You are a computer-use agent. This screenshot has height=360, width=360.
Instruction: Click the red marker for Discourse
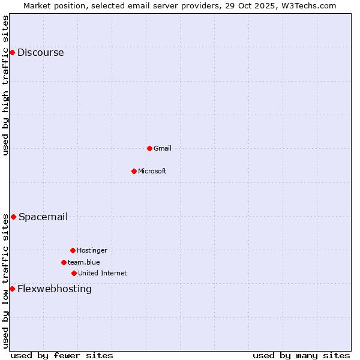click(12, 52)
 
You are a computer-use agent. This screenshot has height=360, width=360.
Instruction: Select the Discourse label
click(40, 52)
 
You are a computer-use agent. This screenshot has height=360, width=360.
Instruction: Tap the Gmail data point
click(149, 148)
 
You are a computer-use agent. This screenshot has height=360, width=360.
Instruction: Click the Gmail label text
click(162, 148)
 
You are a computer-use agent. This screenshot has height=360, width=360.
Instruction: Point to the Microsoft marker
click(134, 171)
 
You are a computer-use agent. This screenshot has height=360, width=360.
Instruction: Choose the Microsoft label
click(152, 171)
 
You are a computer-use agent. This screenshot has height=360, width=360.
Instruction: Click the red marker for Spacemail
click(13, 217)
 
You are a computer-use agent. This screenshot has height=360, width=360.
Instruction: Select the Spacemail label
click(43, 217)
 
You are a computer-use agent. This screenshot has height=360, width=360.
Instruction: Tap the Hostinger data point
click(73, 250)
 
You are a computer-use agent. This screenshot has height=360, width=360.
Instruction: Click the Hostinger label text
click(92, 250)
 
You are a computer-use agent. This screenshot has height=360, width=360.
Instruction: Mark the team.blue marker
click(64, 262)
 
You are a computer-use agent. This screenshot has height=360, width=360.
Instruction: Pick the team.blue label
click(83, 262)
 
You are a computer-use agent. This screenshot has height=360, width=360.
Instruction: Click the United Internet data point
click(74, 273)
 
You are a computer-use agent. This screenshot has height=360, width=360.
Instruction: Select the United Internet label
click(102, 273)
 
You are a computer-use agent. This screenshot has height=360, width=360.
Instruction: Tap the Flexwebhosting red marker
click(12, 289)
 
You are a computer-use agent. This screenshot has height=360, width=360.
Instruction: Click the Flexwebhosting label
click(55, 289)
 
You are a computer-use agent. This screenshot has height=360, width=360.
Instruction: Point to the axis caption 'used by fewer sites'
click(62, 355)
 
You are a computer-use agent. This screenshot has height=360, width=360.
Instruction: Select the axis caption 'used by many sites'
click(301, 355)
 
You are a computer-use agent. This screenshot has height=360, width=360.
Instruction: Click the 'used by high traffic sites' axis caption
click(5, 85)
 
